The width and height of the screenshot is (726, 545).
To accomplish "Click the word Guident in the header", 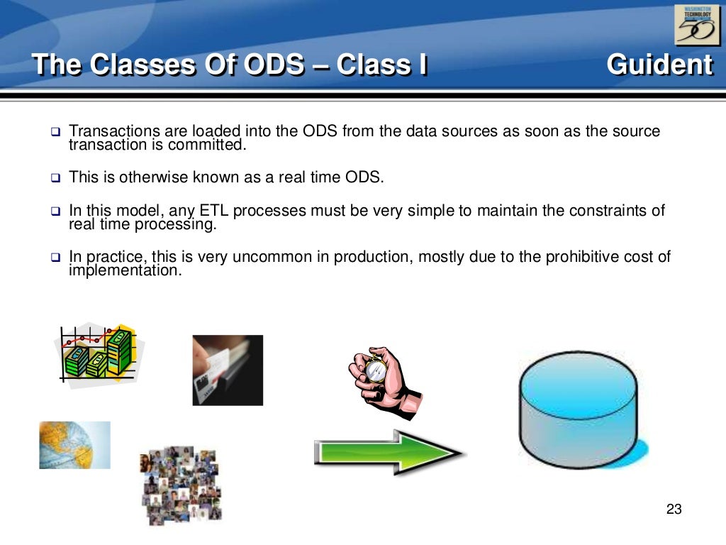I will pos(659,65).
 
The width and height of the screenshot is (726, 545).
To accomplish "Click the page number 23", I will pos(674,509).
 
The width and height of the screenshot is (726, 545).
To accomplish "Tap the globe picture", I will pos(74,445).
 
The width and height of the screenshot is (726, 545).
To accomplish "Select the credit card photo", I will pos(228,370).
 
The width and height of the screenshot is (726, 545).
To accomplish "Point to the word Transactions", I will pos(114,131).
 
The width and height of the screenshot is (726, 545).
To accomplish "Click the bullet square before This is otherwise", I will pos(55,178).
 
